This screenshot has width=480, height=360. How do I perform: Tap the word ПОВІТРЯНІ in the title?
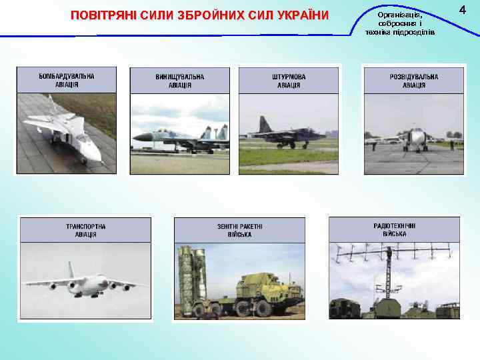tap(102, 15)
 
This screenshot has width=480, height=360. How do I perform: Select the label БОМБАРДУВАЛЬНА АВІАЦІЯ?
tap(67, 80)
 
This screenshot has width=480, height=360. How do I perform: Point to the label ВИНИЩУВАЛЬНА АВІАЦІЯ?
tap(180, 81)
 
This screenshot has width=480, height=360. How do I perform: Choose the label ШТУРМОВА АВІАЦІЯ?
tap(289, 81)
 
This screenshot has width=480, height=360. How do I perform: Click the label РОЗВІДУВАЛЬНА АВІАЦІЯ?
tap(414, 81)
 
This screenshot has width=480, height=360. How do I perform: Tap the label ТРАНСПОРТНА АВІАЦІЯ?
tap(85, 231)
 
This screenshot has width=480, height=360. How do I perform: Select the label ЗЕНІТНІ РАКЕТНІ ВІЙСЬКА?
tap(239, 231)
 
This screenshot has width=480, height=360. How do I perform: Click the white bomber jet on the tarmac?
tap(64, 133)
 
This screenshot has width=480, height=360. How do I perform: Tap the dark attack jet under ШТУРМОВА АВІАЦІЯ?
tap(283, 133)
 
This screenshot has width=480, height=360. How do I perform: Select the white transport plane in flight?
tap(83, 283)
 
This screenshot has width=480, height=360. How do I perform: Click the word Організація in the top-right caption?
tap(399, 15)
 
